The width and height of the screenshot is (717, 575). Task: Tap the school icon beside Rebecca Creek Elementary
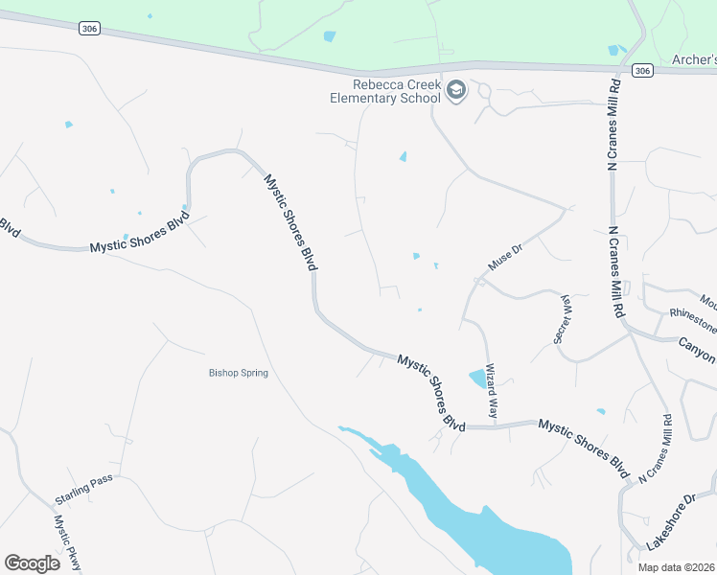[x=456, y=91]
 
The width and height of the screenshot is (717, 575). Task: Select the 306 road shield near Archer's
[x=642, y=70]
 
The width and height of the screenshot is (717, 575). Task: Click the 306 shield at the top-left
[x=89, y=29]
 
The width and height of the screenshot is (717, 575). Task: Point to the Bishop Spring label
[x=239, y=373]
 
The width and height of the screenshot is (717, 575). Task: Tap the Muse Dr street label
[x=504, y=258]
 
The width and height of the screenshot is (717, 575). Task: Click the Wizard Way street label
[x=492, y=393]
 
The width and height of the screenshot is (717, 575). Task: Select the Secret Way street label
[x=564, y=318]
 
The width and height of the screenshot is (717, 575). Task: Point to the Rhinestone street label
[x=693, y=317]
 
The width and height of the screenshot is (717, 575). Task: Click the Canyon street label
[x=697, y=349]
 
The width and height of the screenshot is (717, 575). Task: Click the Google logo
[x=33, y=563]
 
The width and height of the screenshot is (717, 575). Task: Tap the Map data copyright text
[x=676, y=567]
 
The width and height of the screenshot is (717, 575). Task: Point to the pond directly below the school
[x=403, y=156]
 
